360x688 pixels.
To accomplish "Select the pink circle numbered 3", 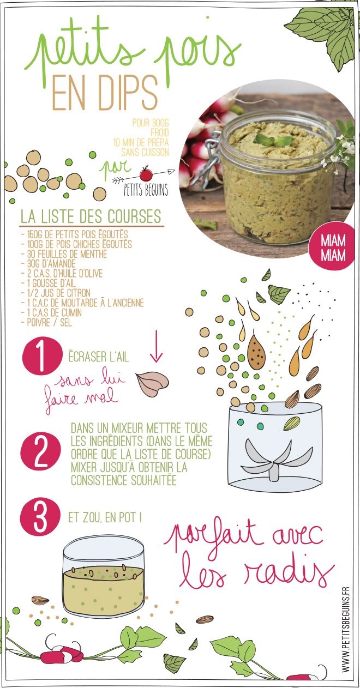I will (x=39, y=517).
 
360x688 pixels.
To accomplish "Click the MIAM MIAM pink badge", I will (x=332, y=248).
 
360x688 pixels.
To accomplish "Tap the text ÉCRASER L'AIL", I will (x=98, y=357).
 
